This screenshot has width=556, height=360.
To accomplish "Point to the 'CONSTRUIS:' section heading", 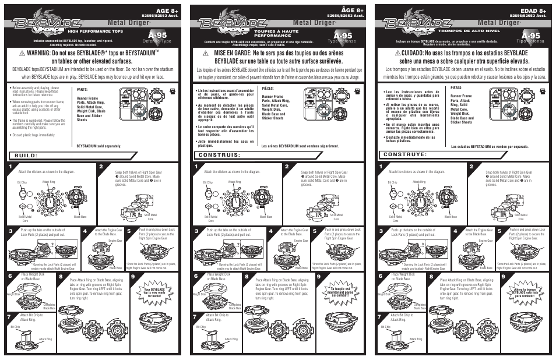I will [x=220, y=156].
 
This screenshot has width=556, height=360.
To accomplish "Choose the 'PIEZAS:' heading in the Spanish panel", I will [x=457, y=88].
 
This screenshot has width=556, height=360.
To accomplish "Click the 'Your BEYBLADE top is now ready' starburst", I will [x=159, y=291].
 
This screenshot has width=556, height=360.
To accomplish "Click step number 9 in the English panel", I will [x=135, y=277].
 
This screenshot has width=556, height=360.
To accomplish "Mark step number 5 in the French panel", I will [x=315, y=231].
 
